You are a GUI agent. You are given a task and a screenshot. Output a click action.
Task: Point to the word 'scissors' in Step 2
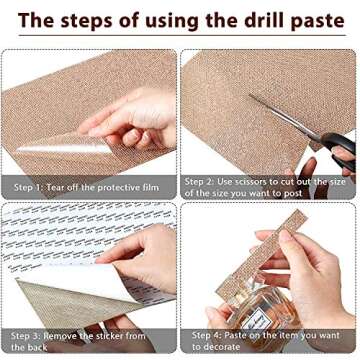pyautogui.click(x=246, y=182)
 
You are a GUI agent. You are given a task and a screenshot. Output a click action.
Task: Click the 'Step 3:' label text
pyautogui.click(x=25, y=336)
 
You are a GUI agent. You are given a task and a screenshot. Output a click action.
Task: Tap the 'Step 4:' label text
pyautogui.click(x=206, y=335)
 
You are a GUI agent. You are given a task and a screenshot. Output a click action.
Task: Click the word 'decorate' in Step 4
pyautogui.click(x=221, y=347)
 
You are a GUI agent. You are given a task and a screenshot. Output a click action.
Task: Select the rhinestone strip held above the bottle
pyautogui.click(x=261, y=252)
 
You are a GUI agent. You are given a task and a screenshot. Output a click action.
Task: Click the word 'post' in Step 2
pyautogui.click(x=293, y=194)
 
